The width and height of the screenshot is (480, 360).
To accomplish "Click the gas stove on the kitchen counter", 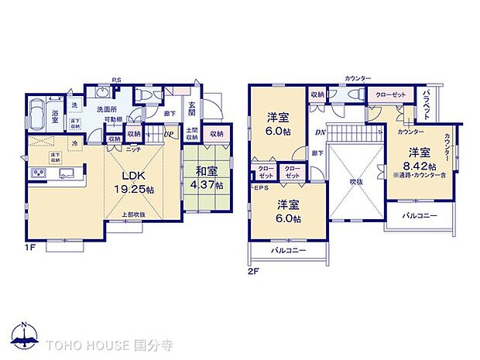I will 39,173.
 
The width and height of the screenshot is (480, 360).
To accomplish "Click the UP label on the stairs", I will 168,134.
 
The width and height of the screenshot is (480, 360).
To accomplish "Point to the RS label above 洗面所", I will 116,79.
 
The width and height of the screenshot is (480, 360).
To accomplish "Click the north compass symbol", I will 25,336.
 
